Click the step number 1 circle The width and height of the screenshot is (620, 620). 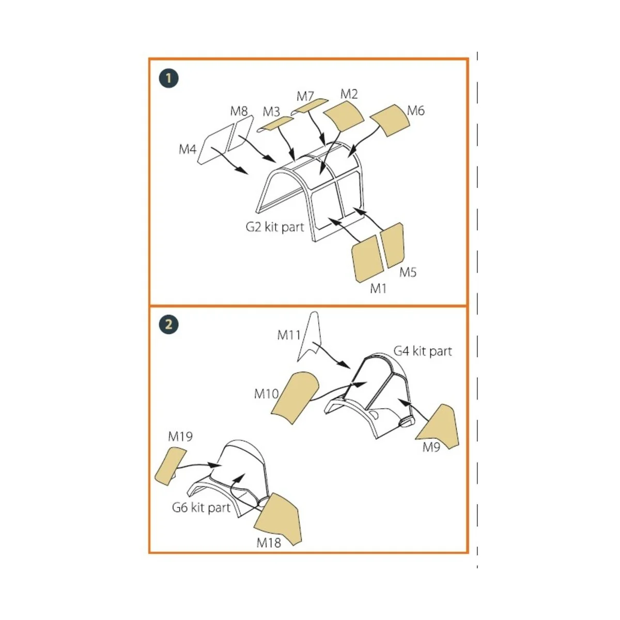click(x=168, y=78)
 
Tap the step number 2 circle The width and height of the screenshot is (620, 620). click(x=168, y=324)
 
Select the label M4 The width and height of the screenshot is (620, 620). click(x=187, y=149)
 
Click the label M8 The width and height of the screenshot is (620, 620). click(x=239, y=111)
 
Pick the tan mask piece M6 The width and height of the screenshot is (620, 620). click(x=390, y=120)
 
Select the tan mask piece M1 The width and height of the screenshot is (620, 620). click(x=368, y=259)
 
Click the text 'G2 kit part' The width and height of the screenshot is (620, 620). click(x=275, y=227)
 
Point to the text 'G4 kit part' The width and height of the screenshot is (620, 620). click(x=423, y=351)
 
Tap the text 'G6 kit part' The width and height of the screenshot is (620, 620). click(x=202, y=508)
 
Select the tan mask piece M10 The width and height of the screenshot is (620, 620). click(x=295, y=398)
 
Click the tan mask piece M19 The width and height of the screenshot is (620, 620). click(x=170, y=465)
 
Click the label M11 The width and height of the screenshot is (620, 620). click(x=289, y=335)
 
